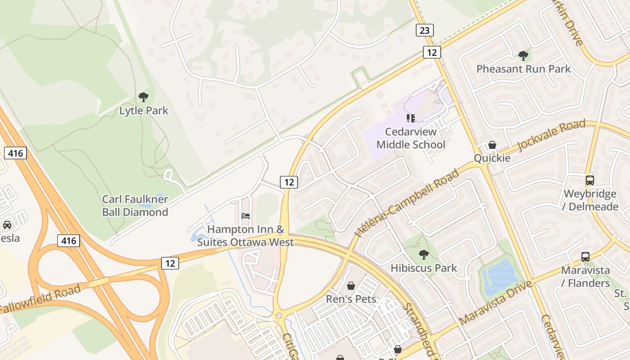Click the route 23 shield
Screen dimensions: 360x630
tap(424, 30)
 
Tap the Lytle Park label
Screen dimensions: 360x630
tap(144, 111)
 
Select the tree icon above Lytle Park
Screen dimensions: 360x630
tap(144, 97)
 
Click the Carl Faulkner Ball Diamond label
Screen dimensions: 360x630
tap(135, 206)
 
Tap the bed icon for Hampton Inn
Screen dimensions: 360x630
tap(246, 216)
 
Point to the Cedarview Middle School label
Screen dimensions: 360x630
tap(411, 138)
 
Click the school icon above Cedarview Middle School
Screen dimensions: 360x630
tap(410, 118)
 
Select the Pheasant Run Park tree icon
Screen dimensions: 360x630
tap(523, 56)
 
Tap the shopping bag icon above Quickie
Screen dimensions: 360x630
tap(492, 145)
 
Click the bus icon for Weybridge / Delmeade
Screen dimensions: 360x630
tap(589, 180)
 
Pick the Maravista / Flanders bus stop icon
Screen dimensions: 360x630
tap(585, 257)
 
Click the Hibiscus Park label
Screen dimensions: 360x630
tap(423, 268)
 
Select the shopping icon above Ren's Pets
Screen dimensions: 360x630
tap(351, 286)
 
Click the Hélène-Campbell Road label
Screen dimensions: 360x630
tap(407, 203)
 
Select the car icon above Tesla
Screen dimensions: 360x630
tap(7, 225)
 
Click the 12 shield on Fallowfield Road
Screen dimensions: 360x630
tap(170, 263)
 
